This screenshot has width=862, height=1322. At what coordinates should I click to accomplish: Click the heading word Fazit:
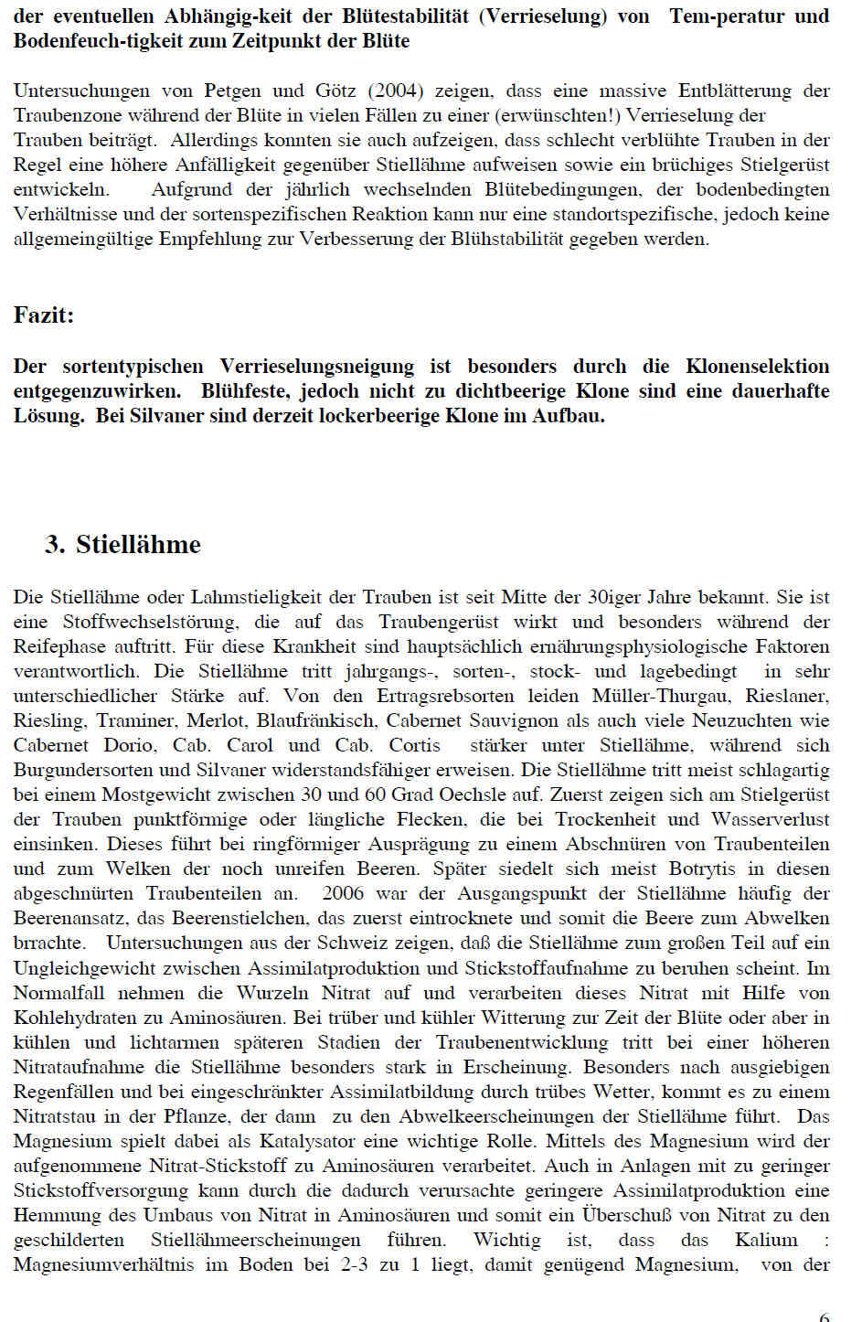point(44,315)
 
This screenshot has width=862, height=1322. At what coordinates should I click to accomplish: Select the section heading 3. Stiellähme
point(122,544)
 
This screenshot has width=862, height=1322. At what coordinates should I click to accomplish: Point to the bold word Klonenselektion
point(758,366)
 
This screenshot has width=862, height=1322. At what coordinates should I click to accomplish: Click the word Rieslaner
point(787,696)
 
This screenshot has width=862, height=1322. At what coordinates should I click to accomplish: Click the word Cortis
point(414,745)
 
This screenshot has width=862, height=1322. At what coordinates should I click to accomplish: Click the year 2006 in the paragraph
point(344,893)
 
